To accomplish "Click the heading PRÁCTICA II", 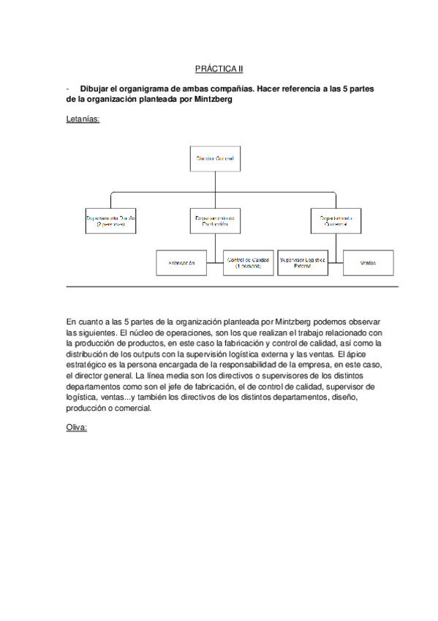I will coord(219,69).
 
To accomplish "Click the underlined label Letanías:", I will coord(83,116).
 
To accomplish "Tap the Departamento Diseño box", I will coord(111,221).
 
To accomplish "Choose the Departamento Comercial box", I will coord(336,221).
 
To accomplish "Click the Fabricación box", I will coord(186,262).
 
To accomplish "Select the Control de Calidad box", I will coord(249,262).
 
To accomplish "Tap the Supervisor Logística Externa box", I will coord(303,262).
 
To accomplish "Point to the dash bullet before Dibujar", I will coord(67,88).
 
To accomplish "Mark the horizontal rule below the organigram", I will coord(232,286).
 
